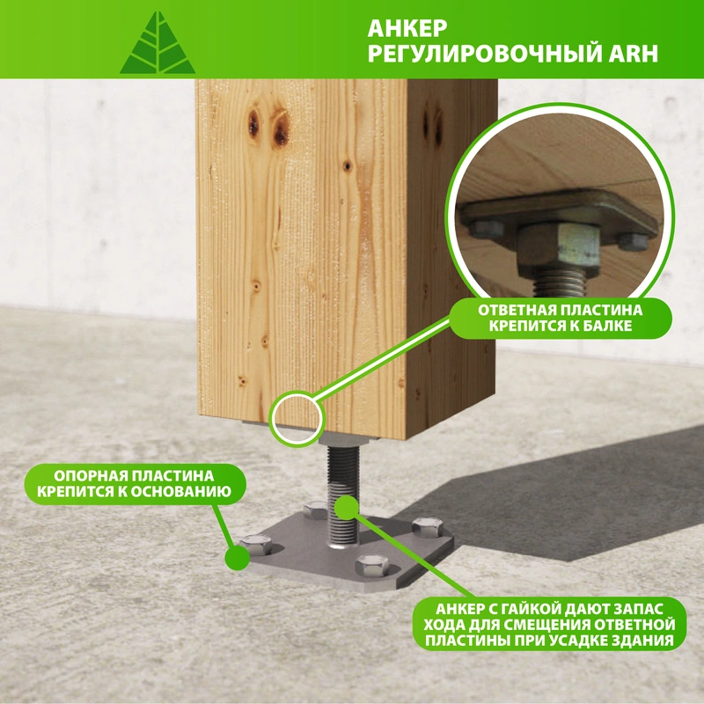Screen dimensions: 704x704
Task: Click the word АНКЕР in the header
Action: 407,28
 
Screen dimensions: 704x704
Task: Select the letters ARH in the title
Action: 633,54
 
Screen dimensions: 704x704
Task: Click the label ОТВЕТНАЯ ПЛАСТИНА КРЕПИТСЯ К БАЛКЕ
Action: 560,318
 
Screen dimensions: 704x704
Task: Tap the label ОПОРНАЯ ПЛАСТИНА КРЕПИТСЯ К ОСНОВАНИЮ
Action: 135,483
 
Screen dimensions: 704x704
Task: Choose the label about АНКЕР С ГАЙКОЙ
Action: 549,624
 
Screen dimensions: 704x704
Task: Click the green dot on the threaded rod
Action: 347,508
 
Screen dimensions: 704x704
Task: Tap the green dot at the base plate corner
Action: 237,557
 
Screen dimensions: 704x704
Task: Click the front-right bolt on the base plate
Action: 372,565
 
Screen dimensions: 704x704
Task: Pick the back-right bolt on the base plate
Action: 428,526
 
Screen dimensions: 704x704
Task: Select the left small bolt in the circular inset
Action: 488,229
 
